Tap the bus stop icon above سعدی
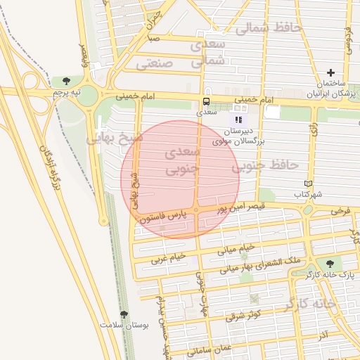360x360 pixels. pyautogui.click(x=206, y=101)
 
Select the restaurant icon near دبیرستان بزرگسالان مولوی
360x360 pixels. pyautogui.click(x=238, y=120)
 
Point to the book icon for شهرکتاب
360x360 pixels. pyautogui.click(x=307, y=184)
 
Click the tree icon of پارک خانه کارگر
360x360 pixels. pyautogui.click(x=330, y=263)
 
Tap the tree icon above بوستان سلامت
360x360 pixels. pyautogui.click(x=124, y=315)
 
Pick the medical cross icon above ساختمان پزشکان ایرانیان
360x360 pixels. pyautogui.click(x=331, y=73)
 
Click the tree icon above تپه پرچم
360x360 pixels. pyautogui.click(x=66, y=82)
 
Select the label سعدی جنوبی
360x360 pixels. pyautogui.click(x=182, y=161)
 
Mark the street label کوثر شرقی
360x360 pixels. pyautogui.click(x=244, y=314)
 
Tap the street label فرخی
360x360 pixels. pyautogui.click(x=341, y=211)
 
